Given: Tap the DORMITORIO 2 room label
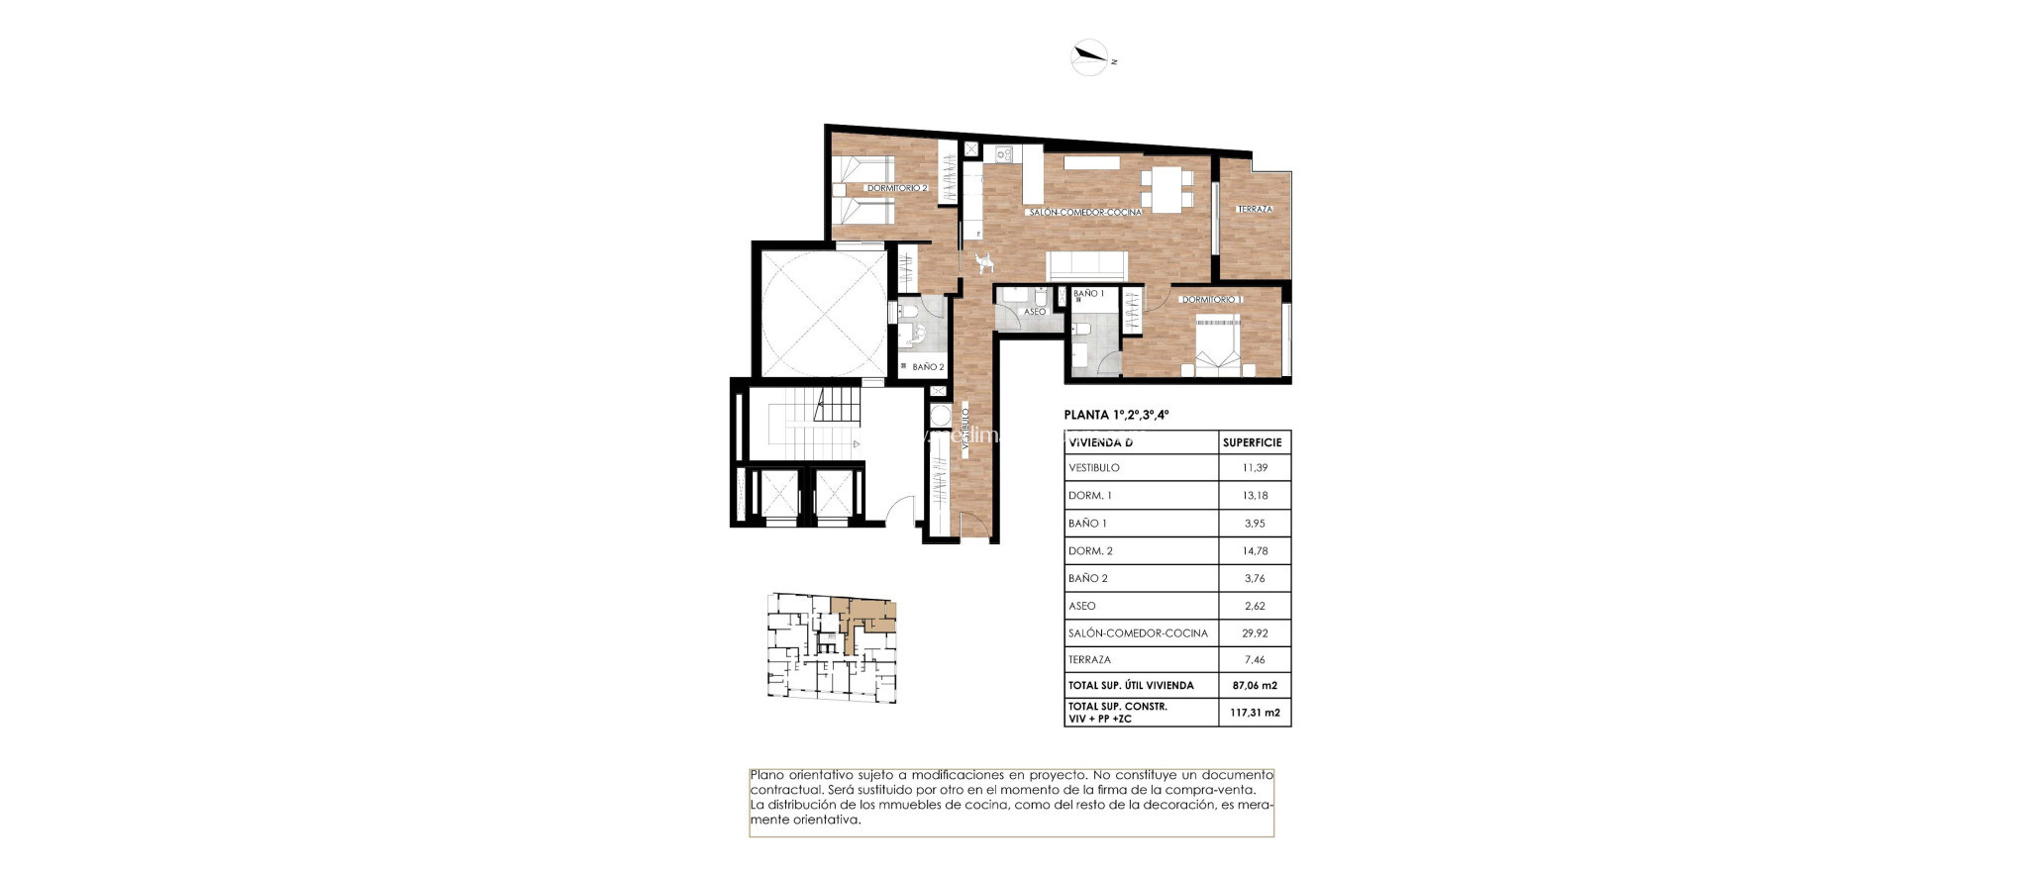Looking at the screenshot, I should pyautogui.click(x=896, y=188).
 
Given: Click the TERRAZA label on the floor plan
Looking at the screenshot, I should pyautogui.click(x=1255, y=209).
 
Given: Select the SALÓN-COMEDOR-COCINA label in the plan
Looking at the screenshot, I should pyautogui.click(x=1084, y=212).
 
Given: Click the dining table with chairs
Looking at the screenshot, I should pyautogui.click(x=1166, y=188).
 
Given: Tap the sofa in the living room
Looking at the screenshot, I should pyautogui.click(x=1087, y=265).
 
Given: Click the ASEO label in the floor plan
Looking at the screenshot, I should pyautogui.click(x=1034, y=312).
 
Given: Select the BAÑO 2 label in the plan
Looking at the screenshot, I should pyautogui.click(x=928, y=367).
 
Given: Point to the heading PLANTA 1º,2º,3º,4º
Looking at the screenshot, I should pyautogui.click(x=1116, y=415).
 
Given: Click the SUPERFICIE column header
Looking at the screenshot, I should pyautogui.click(x=1253, y=442).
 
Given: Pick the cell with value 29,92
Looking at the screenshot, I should pyautogui.click(x=1255, y=632).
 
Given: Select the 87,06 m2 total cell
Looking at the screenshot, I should pyautogui.click(x=1255, y=685).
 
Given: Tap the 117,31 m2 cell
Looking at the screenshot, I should pyautogui.click(x=1255, y=713).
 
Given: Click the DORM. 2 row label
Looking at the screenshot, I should pyautogui.click(x=1090, y=550).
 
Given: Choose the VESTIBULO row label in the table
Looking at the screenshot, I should pyautogui.click(x=1094, y=467).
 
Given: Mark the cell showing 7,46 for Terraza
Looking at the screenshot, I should pyautogui.click(x=1255, y=659).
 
